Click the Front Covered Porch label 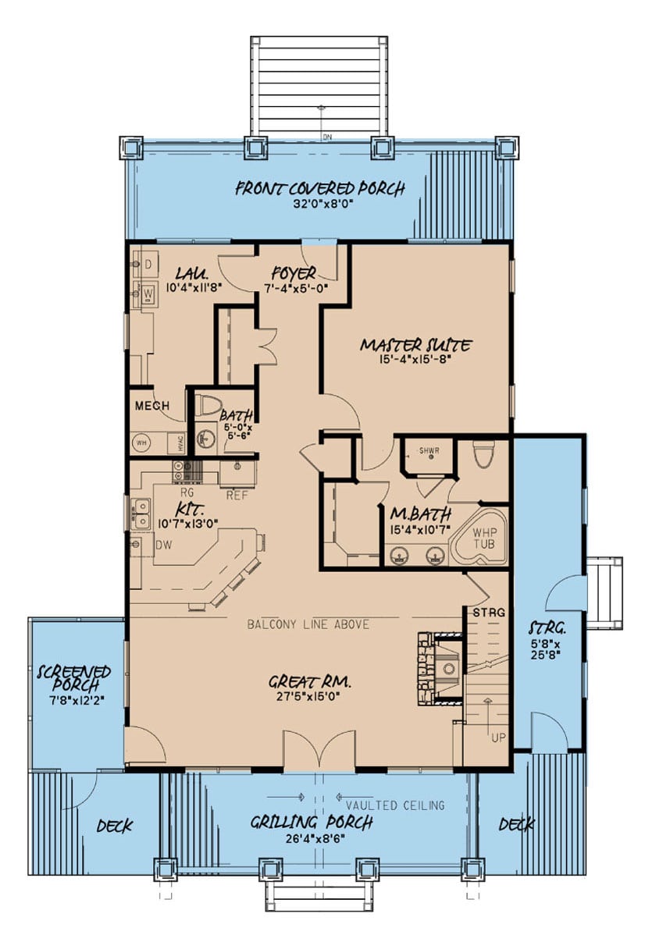click(320, 188)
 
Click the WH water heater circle click(141, 443)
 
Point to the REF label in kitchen click(237, 494)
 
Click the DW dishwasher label click(164, 544)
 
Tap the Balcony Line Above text click(308, 624)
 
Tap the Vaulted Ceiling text click(395, 805)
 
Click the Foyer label click(294, 274)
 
